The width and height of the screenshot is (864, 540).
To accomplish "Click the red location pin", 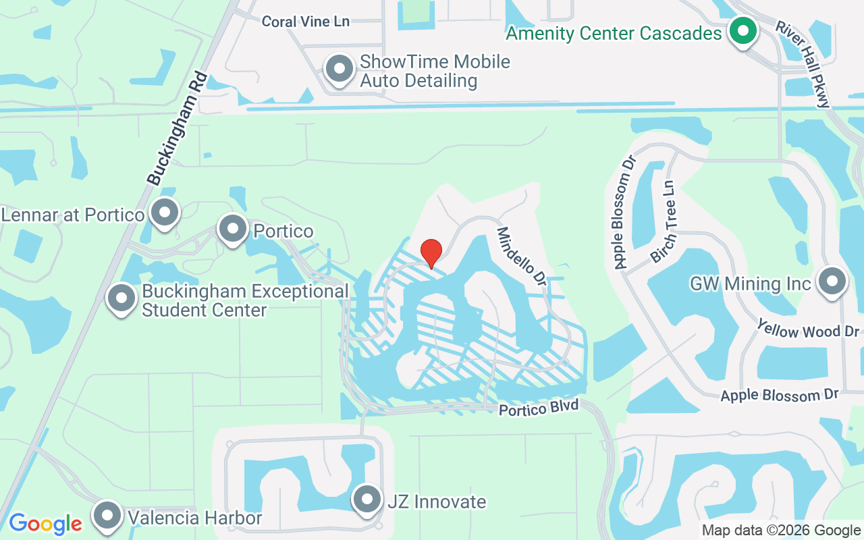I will (x=431, y=253).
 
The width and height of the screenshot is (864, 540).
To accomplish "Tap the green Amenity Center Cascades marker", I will (x=742, y=30).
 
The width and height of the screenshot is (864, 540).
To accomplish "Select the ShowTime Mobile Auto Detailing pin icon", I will (x=340, y=69).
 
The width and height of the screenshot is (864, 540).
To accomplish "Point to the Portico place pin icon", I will (x=233, y=229).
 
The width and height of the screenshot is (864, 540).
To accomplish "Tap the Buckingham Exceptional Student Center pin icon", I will (x=122, y=298).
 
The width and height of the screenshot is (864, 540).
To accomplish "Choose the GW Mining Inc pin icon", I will (x=832, y=281).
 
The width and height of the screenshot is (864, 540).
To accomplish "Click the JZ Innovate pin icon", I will (x=367, y=500).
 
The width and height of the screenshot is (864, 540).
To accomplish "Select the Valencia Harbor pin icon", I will (x=108, y=516).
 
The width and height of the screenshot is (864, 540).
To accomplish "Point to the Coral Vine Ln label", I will (x=306, y=22).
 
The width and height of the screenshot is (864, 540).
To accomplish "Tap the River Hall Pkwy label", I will (x=802, y=65).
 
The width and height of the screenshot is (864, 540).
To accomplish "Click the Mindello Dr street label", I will (x=521, y=257).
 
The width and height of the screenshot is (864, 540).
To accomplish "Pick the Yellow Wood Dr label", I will (x=808, y=329).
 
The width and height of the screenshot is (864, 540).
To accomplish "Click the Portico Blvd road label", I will (x=539, y=408).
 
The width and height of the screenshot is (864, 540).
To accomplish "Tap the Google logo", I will (x=45, y=523).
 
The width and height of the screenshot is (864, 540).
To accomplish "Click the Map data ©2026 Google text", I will (x=781, y=531).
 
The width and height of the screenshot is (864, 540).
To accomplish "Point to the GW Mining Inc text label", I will (x=750, y=283).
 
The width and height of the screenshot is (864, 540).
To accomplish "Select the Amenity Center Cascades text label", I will (x=614, y=33).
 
